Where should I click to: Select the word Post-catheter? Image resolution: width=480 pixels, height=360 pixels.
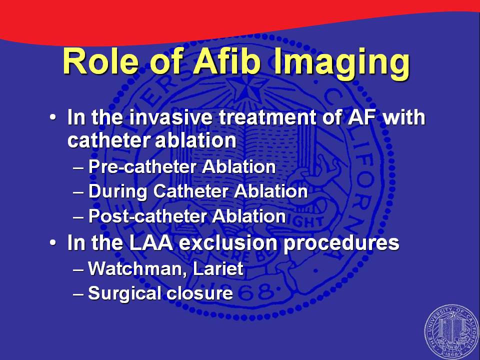(x=147, y=216)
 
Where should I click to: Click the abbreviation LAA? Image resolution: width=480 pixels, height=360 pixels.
(x=151, y=243)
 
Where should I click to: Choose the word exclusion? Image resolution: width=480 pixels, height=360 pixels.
(x=228, y=243)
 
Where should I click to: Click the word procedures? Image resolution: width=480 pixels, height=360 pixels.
(x=341, y=243)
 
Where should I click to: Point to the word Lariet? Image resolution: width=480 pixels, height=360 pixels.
(x=218, y=268)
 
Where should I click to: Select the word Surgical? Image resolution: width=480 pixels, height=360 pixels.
(x=124, y=294)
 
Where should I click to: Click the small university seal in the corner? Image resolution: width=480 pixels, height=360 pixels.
(x=452, y=332)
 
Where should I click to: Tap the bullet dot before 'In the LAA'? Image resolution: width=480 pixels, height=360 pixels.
(x=53, y=243)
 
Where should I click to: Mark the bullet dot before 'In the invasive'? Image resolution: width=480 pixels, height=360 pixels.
(x=53, y=117)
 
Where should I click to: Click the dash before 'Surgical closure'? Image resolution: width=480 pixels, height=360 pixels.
(x=78, y=294)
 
